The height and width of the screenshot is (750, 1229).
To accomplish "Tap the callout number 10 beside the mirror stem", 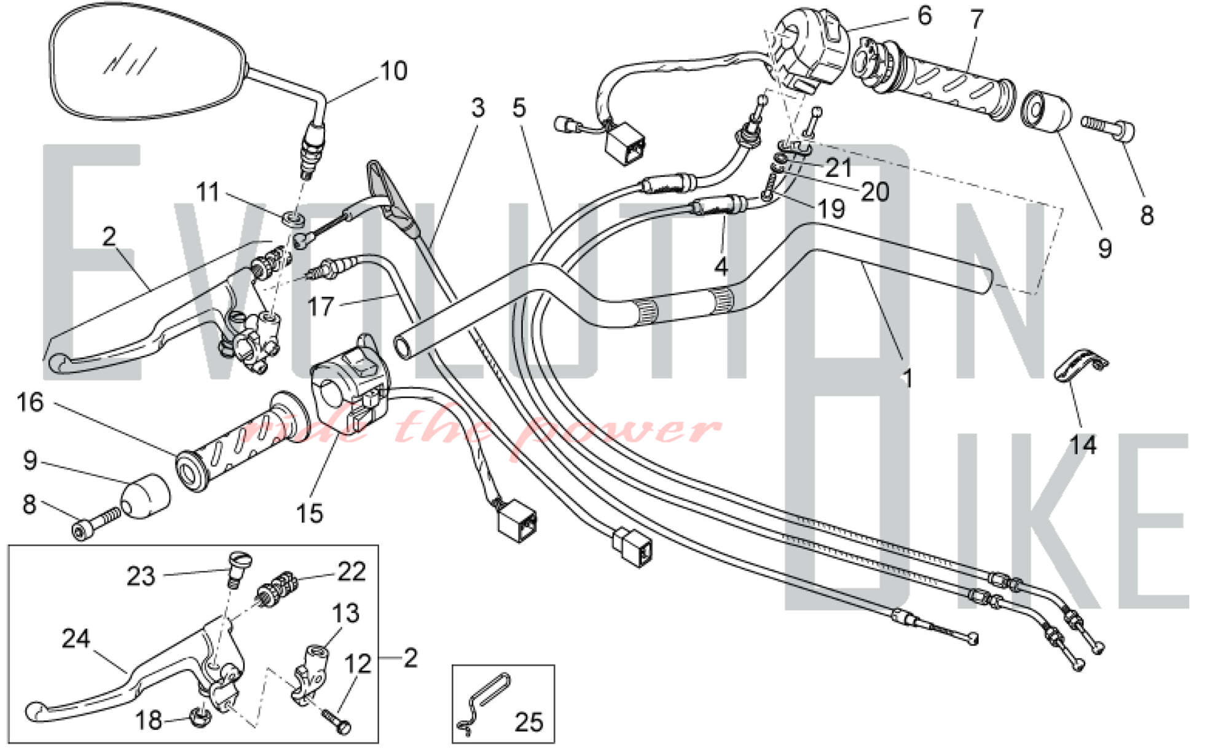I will [x=393, y=71].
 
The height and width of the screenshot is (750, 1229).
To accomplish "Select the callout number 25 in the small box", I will [x=528, y=722].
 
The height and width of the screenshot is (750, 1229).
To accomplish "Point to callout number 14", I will [x=1083, y=444].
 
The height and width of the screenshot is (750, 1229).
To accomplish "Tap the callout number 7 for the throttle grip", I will [x=976, y=20].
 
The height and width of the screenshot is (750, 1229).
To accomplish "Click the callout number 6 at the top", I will [x=924, y=15].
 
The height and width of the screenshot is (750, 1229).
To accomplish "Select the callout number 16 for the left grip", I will [x=30, y=403].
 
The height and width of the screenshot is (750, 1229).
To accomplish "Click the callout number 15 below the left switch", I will [x=309, y=513].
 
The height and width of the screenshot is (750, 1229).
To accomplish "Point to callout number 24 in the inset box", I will [x=76, y=639].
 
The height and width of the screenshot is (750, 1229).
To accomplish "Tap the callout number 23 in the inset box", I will [x=141, y=576].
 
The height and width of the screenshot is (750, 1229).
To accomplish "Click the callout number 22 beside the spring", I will [x=351, y=572].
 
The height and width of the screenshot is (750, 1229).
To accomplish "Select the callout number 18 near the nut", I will [x=148, y=720].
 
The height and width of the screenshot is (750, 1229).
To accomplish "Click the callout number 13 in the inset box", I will [x=345, y=613].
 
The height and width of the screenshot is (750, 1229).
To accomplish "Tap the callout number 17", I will [x=320, y=306].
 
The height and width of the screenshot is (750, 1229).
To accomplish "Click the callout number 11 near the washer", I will [x=208, y=192].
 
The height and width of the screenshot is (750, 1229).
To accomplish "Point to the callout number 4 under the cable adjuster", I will [x=721, y=267].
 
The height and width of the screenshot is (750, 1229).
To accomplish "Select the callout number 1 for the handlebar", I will [x=908, y=379].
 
